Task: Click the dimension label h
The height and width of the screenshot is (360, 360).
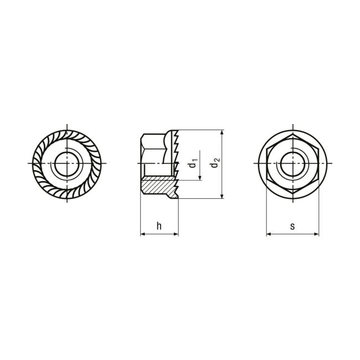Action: (x=159, y=225)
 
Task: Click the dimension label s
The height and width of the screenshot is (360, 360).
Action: (x=292, y=227)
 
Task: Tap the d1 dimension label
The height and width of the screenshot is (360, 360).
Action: (x=193, y=162)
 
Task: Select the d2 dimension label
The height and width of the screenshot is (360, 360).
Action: (x=215, y=162)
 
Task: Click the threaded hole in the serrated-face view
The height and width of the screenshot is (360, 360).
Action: (x=67, y=163)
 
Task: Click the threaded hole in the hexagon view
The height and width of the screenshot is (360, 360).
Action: (x=293, y=163)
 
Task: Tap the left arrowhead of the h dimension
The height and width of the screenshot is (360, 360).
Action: (x=143, y=234)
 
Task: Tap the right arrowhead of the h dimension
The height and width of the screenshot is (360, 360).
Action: (x=176, y=234)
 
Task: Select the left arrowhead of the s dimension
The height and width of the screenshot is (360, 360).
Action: (x=269, y=234)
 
